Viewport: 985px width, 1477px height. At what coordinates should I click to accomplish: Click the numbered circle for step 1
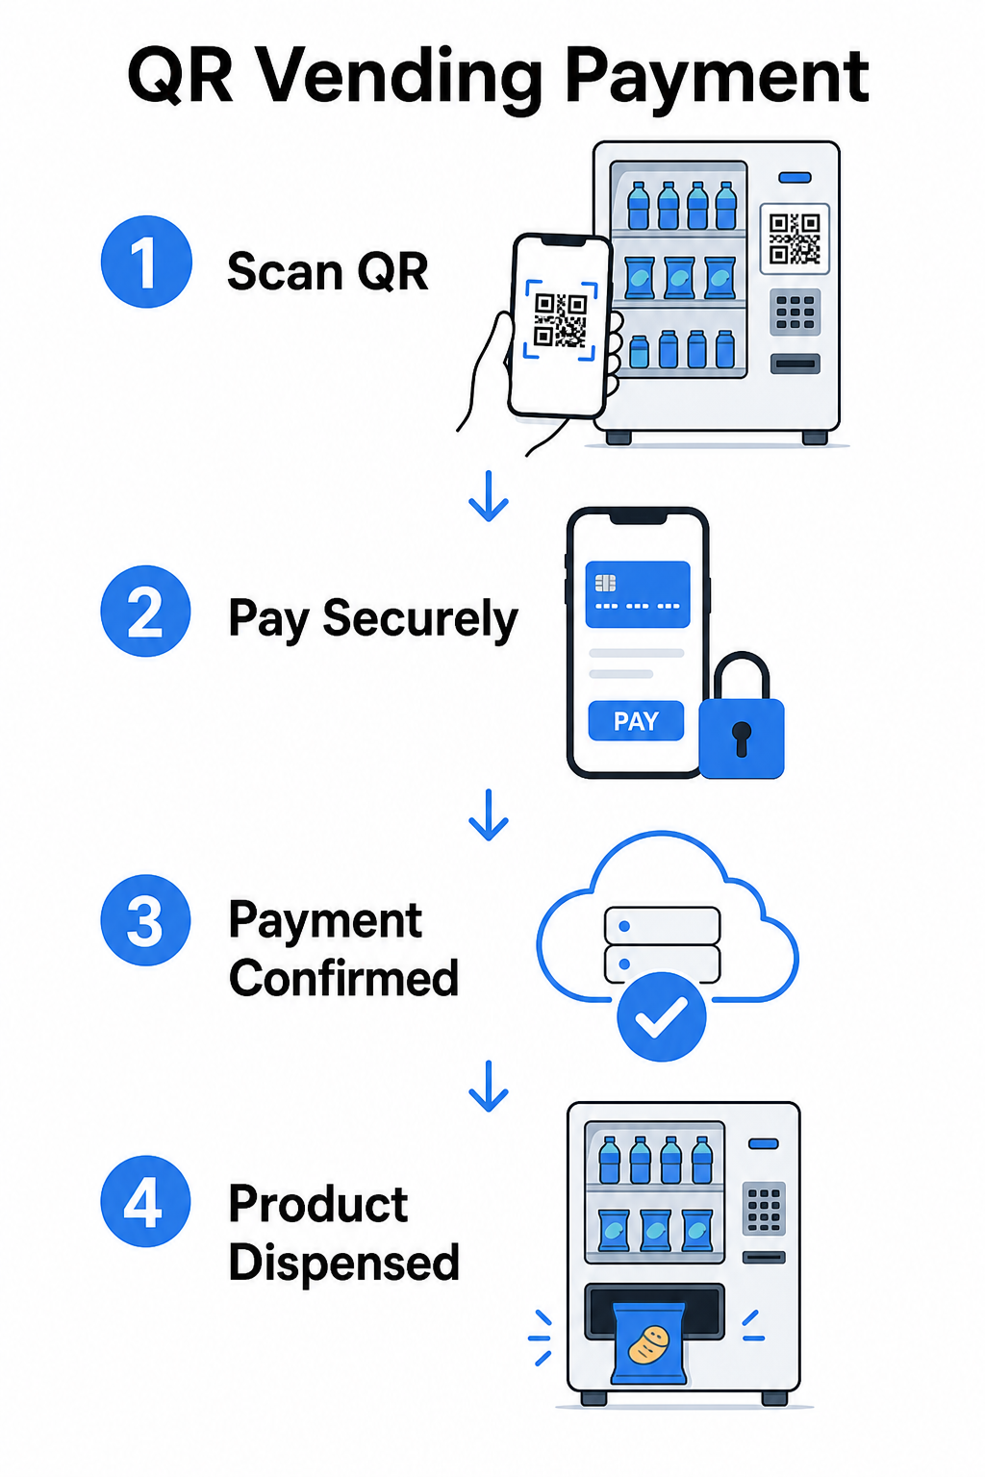tap(146, 262)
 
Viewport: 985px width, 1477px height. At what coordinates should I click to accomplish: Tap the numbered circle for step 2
tap(146, 611)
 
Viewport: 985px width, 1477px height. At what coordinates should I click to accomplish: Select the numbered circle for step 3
tap(146, 920)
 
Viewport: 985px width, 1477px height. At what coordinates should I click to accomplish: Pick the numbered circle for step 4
tap(146, 1201)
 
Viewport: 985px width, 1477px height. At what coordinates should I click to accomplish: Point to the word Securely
tap(419, 620)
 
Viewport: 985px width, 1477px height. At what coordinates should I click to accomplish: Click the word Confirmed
tap(343, 978)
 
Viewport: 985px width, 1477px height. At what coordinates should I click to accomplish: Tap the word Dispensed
tap(343, 1264)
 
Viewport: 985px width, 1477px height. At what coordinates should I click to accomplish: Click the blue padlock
tap(742, 716)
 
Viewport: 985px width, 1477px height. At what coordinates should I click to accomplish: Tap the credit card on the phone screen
tap(638, 594)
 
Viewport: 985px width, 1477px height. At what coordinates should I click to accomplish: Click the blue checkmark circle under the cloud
tap(661, 1016)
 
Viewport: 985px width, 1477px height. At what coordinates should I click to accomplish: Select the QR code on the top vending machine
tap(795, 238)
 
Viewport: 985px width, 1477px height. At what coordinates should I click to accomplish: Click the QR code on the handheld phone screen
tap(560, 320)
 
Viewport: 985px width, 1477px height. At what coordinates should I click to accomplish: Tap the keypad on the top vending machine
tap(795, 312)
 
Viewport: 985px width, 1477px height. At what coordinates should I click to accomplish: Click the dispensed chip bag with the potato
tap(650, 1342)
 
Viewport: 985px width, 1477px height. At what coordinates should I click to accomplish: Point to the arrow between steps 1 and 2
tap(489, 496)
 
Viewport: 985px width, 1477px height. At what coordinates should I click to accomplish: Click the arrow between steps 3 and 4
tap(489, 1086)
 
